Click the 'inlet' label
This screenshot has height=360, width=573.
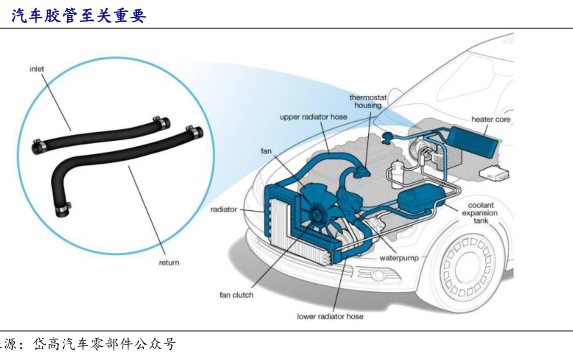[x=37, y=69]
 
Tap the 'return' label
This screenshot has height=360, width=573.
[x=169, y=262]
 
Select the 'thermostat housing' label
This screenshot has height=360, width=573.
[x=368, y=101]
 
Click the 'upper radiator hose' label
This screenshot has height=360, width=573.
[x=313, y=117]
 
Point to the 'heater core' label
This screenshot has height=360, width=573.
[x=490, y=119]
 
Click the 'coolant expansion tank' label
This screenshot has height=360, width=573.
[x=480, y=213]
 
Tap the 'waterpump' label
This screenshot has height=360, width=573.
[x=399, y=258]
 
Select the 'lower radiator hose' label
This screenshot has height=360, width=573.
[x=330, y=317]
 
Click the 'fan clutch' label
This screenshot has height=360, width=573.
[x=236, y=295]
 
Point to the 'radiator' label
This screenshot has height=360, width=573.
[x=224, y=209]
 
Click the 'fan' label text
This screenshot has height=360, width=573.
[x=266, y=151]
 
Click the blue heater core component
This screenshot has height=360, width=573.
[x=475, y=139]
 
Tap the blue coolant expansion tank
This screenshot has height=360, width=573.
[x=421, y=198]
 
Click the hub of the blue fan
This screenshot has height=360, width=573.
[x=316, y=213]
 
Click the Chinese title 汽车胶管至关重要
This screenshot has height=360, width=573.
[x=79, y=16]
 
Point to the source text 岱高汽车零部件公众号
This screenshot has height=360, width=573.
[x=105, y=344]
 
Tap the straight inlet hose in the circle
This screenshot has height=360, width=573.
[x=101, y=136]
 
